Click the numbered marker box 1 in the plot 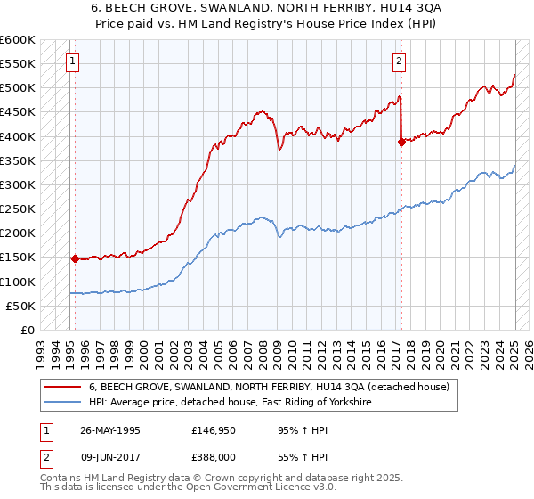click(72, 61)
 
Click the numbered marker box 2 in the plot click(400, 61)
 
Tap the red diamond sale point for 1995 click(76, 259)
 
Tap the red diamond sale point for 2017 click(401, 141)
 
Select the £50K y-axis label click(20, 306)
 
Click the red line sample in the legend click(62, 388)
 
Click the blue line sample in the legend click(62, 403)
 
